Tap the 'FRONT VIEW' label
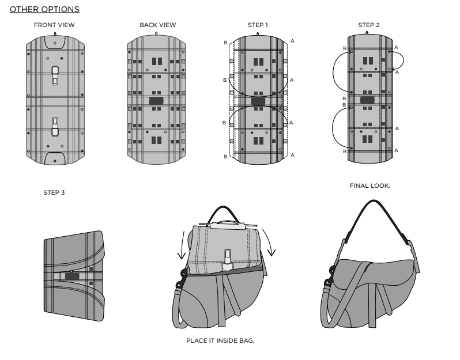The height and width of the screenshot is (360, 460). coord(54,25)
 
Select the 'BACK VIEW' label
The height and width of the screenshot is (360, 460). coord(158,25)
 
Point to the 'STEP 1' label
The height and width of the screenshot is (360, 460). coord(258,25)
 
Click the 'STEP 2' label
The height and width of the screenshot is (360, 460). coord(369,25)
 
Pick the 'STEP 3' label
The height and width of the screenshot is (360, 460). coord(54,192)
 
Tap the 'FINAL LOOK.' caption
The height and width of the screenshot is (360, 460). coord(371,185)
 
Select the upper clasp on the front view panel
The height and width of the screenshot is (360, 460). coord(55,75)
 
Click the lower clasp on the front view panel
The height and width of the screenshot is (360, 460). coord(55,126)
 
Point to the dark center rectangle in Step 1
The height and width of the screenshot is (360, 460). coord(258,100)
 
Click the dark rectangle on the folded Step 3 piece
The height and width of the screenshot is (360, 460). coord(72,276)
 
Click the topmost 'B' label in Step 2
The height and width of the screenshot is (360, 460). coord(344,49)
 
